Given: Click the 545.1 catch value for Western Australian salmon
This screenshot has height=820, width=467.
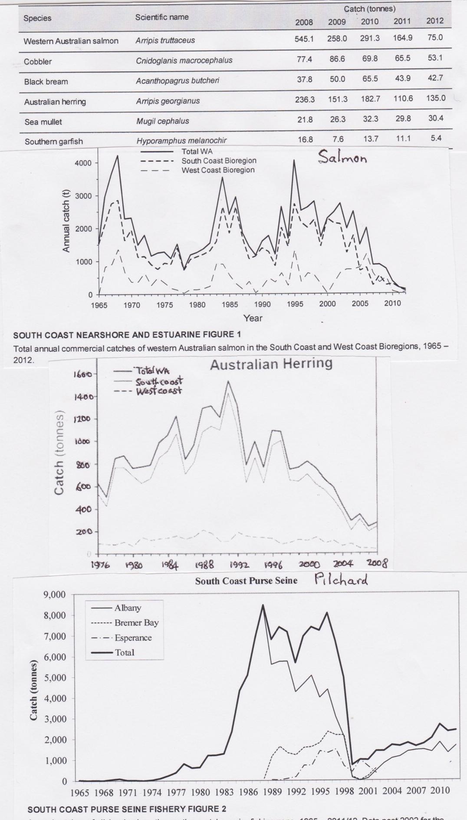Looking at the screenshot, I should click(x=304, y=39).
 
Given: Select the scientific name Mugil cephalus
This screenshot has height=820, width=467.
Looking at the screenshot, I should click(x=162, y=121).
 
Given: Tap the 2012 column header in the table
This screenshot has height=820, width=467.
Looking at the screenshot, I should click(x=434, y=21).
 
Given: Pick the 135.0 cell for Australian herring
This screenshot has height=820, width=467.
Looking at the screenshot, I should click(x=436, y=98).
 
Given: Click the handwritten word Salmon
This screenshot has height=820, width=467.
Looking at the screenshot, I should click(x=342, y=157).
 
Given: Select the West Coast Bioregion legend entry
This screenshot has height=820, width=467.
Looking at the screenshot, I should click(x=218, y=170).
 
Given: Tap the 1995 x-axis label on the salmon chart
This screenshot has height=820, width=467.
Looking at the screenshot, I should click(x=295, y=304).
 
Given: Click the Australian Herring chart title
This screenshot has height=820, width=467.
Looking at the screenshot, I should click(x=271, y=364).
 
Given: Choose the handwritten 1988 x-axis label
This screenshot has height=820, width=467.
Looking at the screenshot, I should click(x=204, y=565).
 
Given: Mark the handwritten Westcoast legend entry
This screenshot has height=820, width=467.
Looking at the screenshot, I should click(x=158, y=391).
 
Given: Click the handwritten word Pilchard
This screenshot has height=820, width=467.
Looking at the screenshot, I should click(x=341, y=580).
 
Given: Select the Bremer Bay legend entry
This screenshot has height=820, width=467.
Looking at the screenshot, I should click(x=136, y=623).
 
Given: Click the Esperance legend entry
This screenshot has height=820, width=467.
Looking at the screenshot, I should click(x=133, y=638).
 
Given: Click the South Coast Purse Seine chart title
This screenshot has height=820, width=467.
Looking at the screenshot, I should click(x=246, y=581).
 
